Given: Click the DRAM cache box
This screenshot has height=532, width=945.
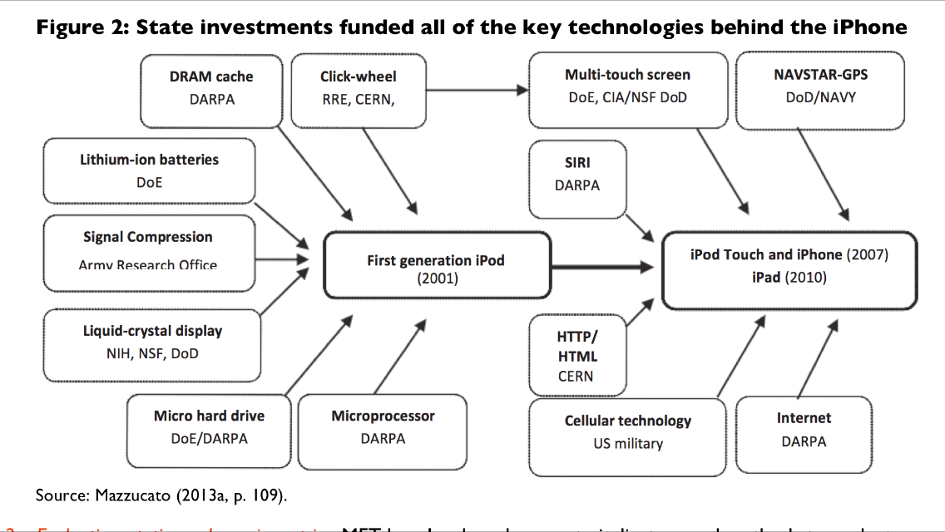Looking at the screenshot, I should coord(210,88).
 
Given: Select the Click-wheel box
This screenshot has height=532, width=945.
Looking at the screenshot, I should coord(358,88).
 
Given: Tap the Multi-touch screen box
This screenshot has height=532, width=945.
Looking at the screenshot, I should coord(627,88).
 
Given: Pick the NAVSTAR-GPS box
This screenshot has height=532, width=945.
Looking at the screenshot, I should coord(820,88).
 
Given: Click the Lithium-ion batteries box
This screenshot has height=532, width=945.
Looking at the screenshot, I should coord(149,170).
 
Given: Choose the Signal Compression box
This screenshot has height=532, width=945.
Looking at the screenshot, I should coord(148,249).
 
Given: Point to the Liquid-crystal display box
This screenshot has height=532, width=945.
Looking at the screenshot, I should coord(152,342).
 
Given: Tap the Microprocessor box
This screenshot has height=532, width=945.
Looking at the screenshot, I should coord(383,427).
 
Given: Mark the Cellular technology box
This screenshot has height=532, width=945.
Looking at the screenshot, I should coord(627,431).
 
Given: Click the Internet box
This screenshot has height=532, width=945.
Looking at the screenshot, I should coord(804,430).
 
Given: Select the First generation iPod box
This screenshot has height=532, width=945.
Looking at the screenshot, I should coord(437,266).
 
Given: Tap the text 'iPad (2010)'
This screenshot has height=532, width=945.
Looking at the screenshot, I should coord(789,277).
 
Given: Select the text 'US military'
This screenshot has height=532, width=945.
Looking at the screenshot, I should coord(628,443).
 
